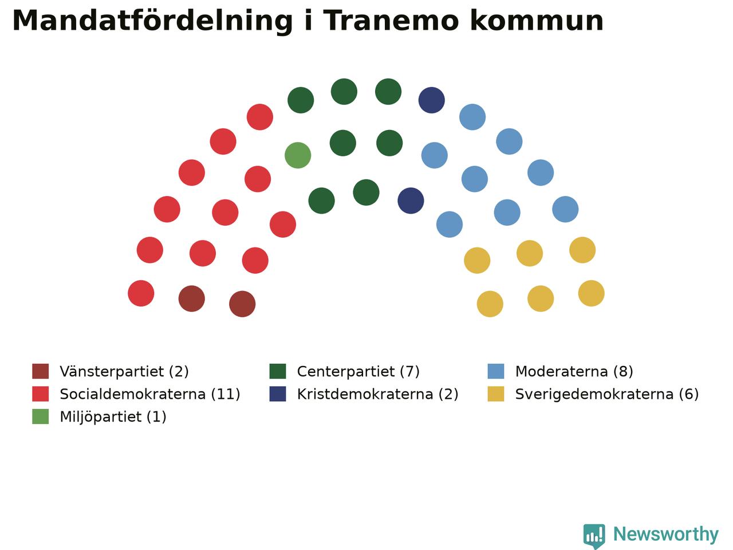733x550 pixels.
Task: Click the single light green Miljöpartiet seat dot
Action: pyautogui.click(x=298, y=155)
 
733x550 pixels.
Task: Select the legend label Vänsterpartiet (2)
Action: pyautogui.click(x=124, y=371)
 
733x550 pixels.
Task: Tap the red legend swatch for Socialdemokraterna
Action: pyautogui.click(x=41, y=394)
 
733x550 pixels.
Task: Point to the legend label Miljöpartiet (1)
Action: pyautogui.click(x=113, y=417)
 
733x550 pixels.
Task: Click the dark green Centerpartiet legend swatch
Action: pyautogui.click(x=278, y=371)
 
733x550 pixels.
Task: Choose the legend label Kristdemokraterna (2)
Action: pyautogui.click(x=377, y=394)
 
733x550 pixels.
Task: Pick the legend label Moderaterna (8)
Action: pyautogui.click(x=574, y=371)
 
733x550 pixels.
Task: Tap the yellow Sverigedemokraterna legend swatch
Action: pyautogui.click(x=495, y=394)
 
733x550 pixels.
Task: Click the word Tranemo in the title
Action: pyautogui.click(x=391, y=21)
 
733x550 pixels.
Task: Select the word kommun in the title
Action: pyautogui.click(x=537, y=21)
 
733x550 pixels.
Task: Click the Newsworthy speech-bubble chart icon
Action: pyautogui.click(x=594, y=535)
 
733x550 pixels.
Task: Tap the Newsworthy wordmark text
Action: pyautogui.click(x=666, y=535)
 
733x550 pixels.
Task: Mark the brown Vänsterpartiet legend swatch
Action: pyautogui.click(x=41, y=371)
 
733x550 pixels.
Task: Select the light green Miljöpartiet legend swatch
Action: pyautogui.click(x=41, y=417)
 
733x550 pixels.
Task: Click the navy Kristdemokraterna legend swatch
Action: pyautogui.click(x=278, y=394)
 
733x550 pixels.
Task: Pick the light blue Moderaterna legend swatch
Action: pyautogui.click(x=495, y=371)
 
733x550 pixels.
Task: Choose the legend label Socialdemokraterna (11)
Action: pyautogui.click(x=150, y=394)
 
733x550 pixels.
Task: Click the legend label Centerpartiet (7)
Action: pyautogui.click(x=358, y=371)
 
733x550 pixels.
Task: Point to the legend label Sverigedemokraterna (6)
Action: pyautogui.click(x=607, y=394)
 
